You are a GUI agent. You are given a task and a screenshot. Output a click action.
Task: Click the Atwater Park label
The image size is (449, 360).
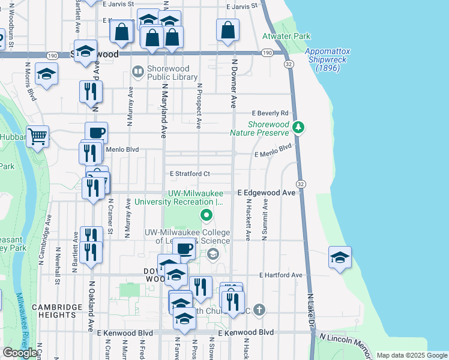(286, 36)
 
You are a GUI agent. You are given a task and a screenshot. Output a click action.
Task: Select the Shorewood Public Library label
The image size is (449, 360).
(165, 73)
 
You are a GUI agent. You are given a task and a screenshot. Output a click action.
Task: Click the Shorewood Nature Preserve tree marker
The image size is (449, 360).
(298, 127)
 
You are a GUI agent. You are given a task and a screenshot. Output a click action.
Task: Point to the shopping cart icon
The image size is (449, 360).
(37, 137)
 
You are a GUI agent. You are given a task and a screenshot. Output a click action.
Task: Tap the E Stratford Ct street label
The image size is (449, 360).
(189, 174)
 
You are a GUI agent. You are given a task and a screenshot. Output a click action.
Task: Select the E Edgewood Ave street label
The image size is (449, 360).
(266, 193)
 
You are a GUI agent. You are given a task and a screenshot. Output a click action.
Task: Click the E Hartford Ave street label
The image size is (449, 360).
(281, 275)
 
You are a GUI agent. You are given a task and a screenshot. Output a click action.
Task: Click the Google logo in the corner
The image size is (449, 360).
(20, 353)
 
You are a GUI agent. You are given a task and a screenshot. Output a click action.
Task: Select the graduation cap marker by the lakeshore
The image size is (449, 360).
(340, 257)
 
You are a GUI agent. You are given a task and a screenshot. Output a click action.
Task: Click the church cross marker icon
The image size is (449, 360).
(259, 310)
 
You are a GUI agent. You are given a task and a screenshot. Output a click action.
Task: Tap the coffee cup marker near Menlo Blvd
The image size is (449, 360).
(96, 133)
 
